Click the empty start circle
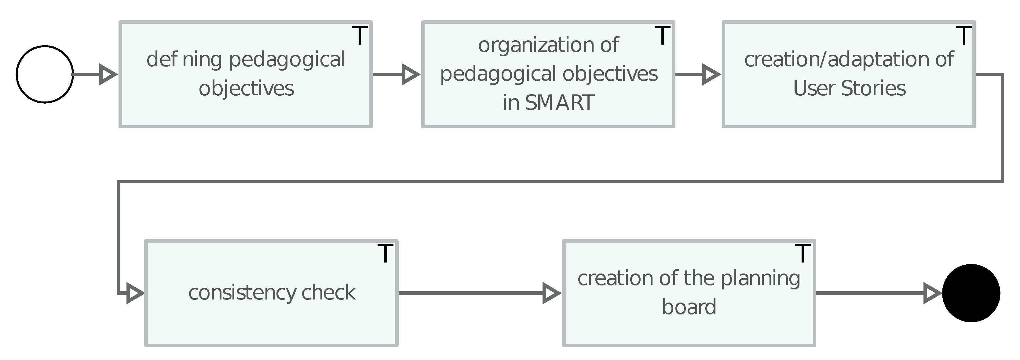(x=45, y=75)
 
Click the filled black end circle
(x=971, y=293)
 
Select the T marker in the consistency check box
(x=385, y=253)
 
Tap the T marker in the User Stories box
(x=963, y=36)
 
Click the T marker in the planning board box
(x=802, y=253)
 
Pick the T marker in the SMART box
(x=662, y=36)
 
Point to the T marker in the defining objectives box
(x=360, y=36)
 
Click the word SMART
(x=560, y=103)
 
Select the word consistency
(x=242, y=293)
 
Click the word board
(x=689, y=307)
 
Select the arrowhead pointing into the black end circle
(x=932, y=293)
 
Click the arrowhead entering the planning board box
(x=551, y=293)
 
